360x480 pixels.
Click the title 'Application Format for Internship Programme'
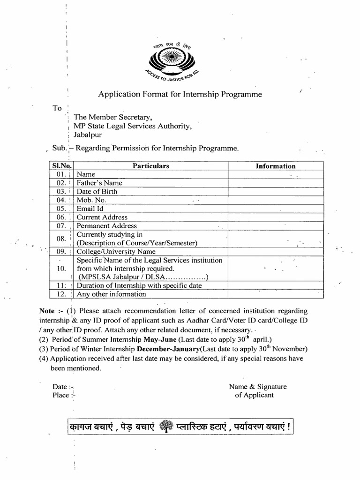click(x=180, y=94)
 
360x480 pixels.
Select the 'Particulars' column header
click(x=150, y=166)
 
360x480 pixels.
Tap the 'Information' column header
click(x=276, y=166)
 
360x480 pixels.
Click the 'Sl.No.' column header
click(x=61, y=166)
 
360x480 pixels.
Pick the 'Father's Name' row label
click(x=99, y=183)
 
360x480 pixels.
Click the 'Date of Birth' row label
click(x=97, y=191)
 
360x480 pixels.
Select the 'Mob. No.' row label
click(x=91, y=200)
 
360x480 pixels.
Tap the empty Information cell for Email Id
click(x=276, y=209)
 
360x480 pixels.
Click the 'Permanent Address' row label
click(x=107, y=225)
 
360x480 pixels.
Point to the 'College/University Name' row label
click(x=116, y=252)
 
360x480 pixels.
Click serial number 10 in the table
click(x=61, y=269)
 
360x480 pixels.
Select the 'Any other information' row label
click(x=111, y=294)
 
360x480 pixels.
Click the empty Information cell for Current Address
click(x=276, y=217)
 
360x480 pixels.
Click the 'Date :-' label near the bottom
click(x=63, y=387)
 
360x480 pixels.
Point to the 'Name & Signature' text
click(x=257, y=387)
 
